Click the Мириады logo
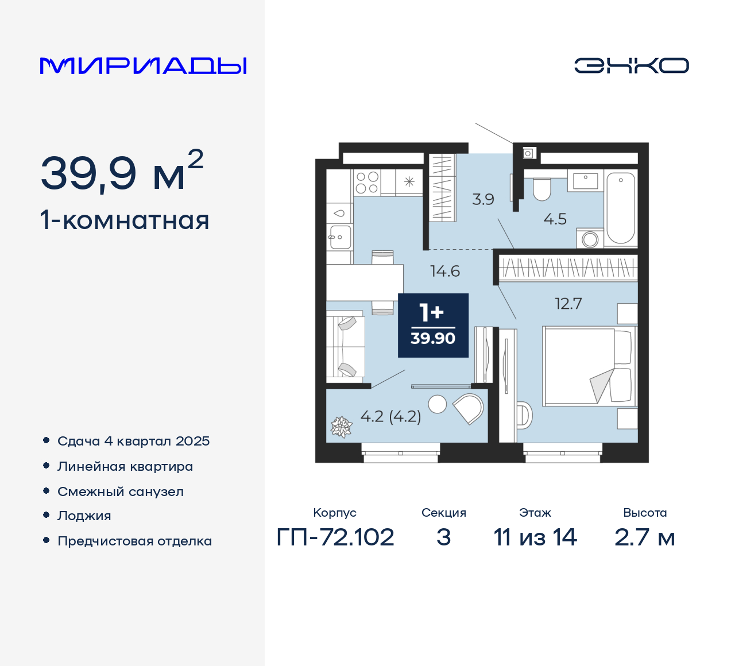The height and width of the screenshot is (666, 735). [143, 66]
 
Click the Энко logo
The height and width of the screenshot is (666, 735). [631, 65]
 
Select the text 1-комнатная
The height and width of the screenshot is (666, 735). [125, 220]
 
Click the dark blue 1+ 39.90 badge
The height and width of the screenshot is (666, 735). [433, 326]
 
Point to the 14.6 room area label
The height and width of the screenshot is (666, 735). [445, 271]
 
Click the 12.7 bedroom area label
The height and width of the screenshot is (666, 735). [568, 304]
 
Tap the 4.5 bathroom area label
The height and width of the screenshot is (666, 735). [555, 219]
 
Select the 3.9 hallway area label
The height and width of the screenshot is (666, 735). [483, 199]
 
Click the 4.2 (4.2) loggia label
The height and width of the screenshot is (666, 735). [390, 416]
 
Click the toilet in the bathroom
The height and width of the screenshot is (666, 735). [541, 189]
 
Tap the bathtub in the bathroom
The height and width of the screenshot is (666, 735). [621, 208]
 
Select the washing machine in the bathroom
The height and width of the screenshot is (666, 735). [590, 239]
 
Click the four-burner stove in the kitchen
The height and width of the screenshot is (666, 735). [367, 183]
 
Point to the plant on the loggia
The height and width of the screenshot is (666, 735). [341, 427]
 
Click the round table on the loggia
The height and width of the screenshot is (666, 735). [438, 404]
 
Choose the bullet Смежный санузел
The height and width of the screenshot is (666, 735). [121, 491]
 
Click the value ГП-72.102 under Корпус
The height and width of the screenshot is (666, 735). [335, 537]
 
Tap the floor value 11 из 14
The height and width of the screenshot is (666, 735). [535, 537]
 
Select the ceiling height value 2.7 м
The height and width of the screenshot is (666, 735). [644, 537]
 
